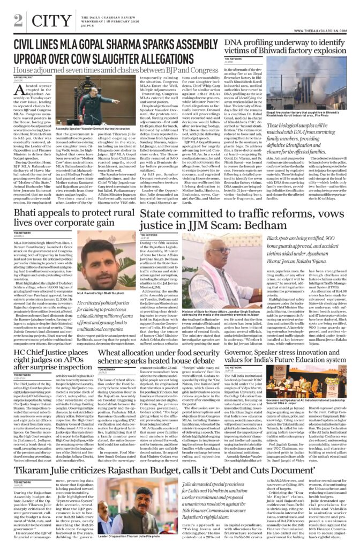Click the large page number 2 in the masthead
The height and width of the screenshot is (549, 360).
18,20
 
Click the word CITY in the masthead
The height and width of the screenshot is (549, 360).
46,20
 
